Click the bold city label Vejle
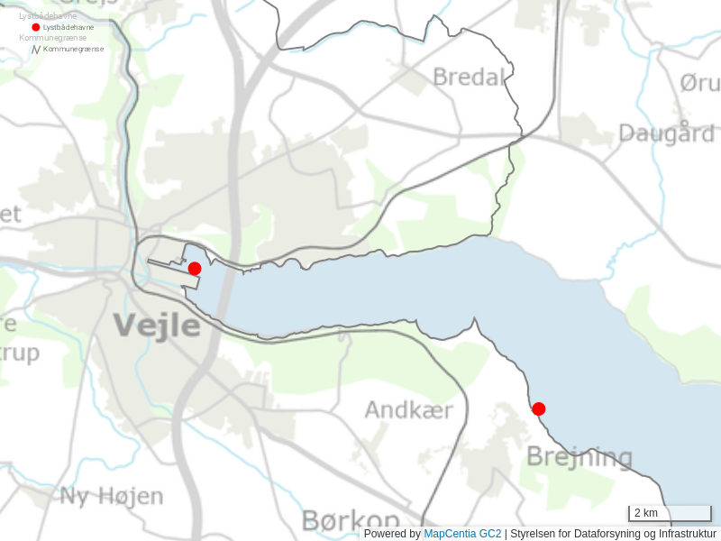pos(157,325)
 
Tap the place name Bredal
pos(469,78)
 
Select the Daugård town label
pos(667,133)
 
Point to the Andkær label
pos(408,411)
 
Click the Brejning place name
pos(580,456)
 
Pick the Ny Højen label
pos(112,496)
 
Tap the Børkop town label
pos(351,521)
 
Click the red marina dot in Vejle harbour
pos(195,269)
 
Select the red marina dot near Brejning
pos(539,409)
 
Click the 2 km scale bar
pos(670,514)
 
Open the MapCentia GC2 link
pos(462,534)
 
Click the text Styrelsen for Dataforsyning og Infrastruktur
pos(613,534)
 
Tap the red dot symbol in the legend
pos(36,27)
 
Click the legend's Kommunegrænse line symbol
pos(36,49)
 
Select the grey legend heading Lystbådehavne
pos(48,16)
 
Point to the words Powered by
pos(392,534)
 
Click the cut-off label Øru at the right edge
pos(699,83)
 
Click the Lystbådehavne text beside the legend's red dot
pos(68,27)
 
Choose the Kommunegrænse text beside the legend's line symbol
pos(73,49)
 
